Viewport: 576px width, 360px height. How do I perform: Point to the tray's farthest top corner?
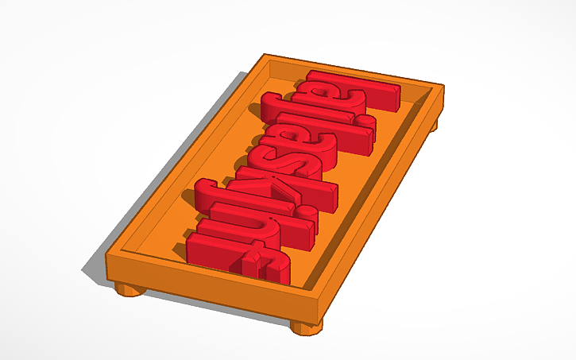pos(266,56)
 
